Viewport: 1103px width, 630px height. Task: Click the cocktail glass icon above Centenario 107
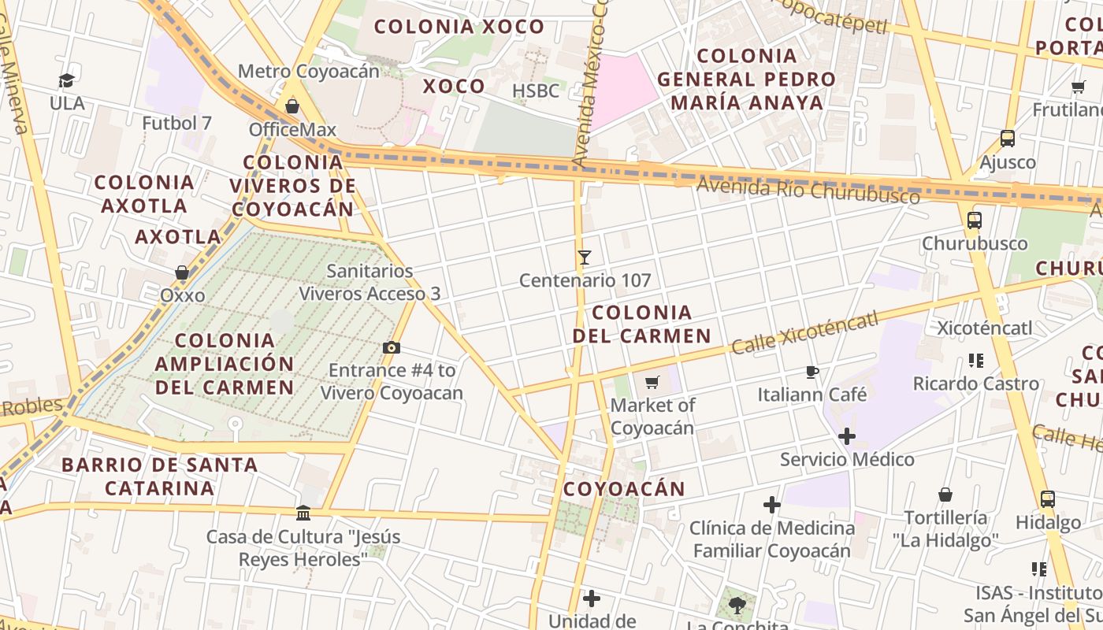pos(584,258)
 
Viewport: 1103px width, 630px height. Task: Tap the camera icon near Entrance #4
pos(391,347)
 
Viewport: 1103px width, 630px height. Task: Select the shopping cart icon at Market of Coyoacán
pos(652,383)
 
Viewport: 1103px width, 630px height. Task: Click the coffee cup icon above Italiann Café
pos(812,372)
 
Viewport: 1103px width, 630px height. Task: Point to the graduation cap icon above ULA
pos(67,80)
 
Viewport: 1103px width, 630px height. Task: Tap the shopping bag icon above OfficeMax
pos(292,106)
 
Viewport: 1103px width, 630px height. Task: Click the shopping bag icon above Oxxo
pos(182,272)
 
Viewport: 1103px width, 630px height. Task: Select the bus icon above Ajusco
pos(1008,139)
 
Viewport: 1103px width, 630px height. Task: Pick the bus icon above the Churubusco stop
pos(975,220)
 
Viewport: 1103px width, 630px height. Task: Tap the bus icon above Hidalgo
pos(1048,498)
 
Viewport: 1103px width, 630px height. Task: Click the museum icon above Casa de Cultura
pos(303,513)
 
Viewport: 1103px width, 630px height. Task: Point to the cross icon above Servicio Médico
pos(847,435)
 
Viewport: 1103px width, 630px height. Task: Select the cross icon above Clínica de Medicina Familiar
pos(772,504)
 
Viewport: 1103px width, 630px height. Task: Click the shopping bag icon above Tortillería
pos(945,495)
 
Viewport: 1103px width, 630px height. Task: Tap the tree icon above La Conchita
pos(737,605)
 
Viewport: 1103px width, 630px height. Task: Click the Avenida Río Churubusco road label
pos(808,190)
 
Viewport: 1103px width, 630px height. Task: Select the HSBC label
pos(536,91)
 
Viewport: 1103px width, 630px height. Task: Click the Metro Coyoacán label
pos(308,71)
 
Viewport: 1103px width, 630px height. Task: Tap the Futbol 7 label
pos(177,123)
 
